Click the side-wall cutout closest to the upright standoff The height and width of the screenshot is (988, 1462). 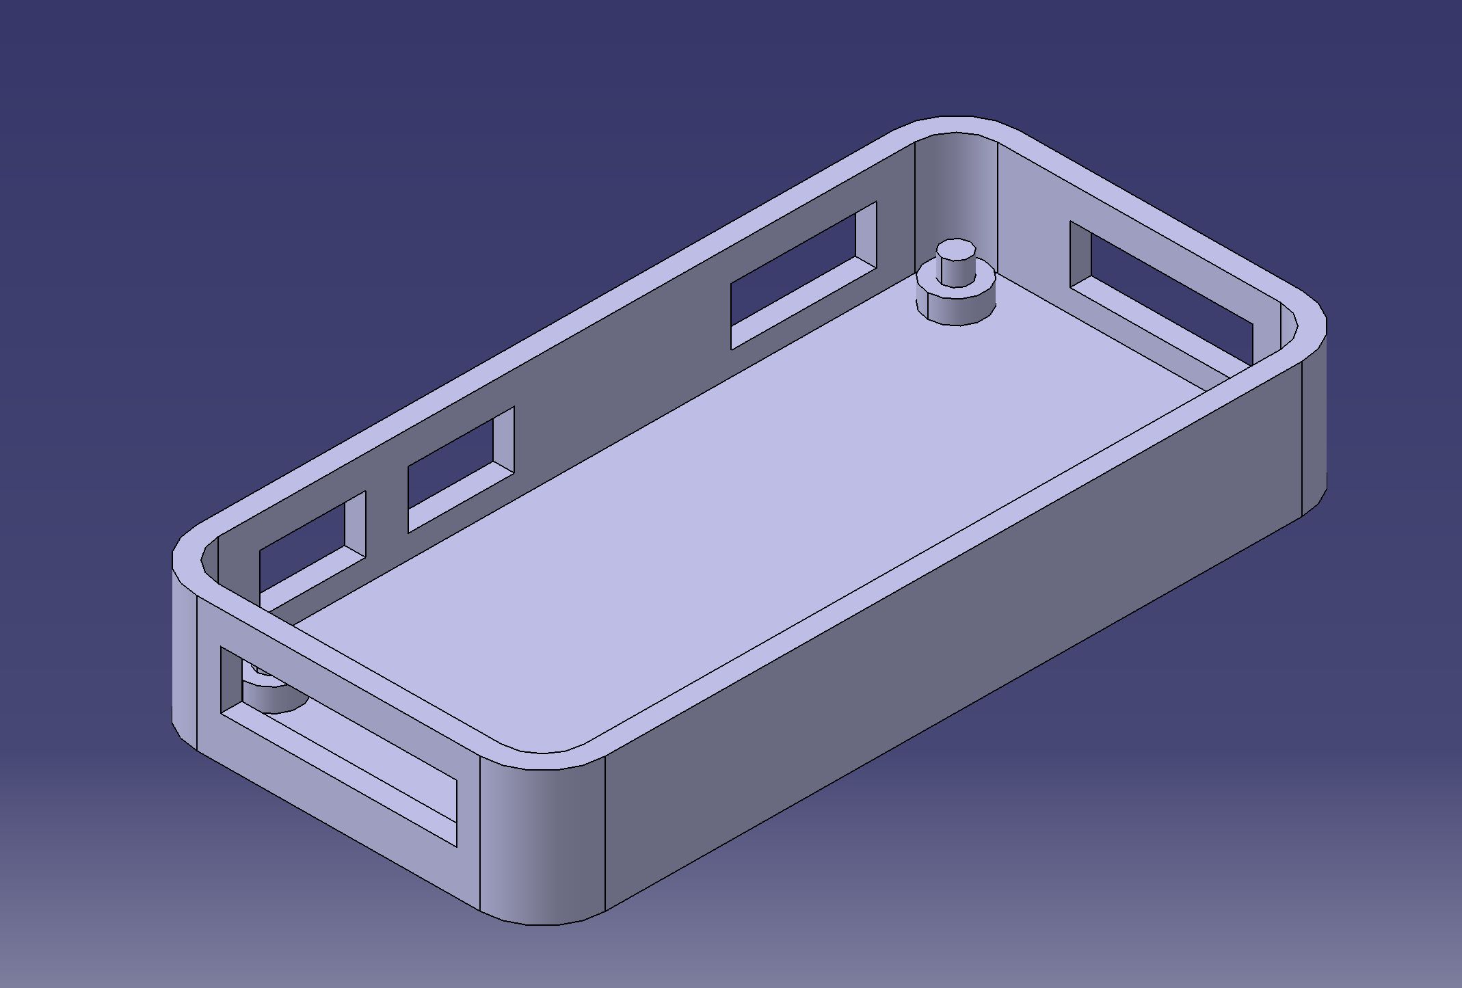(x=793, y=280)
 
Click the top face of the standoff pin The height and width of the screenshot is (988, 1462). (x=956, y=246)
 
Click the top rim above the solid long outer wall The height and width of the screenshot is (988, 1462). (x=957, y=547)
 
